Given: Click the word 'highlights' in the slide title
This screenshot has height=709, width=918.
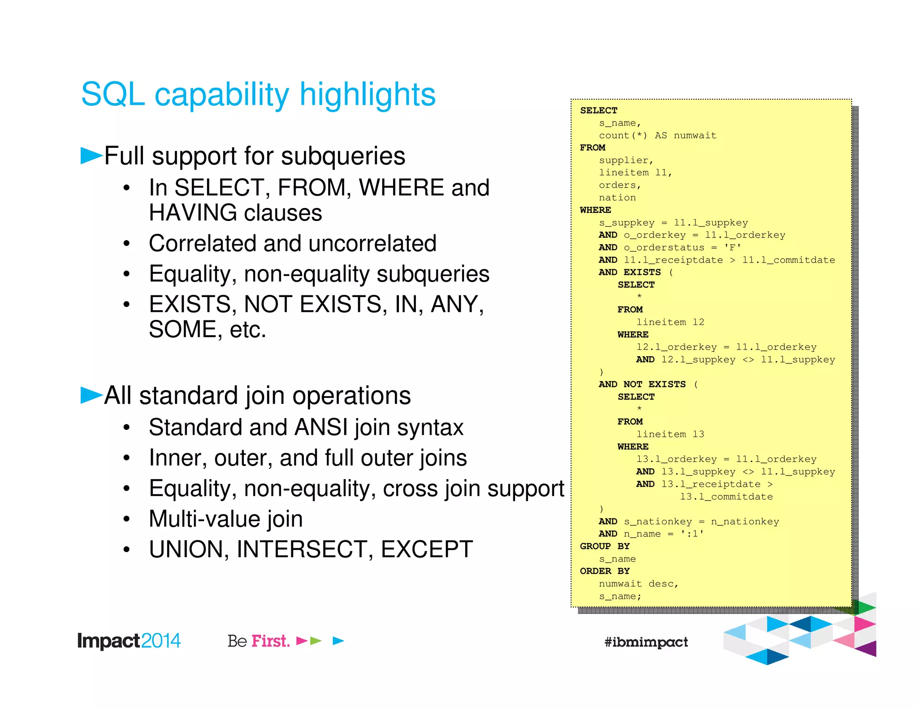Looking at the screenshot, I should (367, 95).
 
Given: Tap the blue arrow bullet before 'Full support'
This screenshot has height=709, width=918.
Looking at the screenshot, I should (91, 156).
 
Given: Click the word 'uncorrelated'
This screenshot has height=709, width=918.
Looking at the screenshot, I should (372, 243).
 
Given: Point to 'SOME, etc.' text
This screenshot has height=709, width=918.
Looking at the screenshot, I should (207, 329).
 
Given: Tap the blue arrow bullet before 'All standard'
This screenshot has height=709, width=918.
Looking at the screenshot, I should (91, 395).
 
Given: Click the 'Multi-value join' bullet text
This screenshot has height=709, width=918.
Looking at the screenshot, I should (225, 519).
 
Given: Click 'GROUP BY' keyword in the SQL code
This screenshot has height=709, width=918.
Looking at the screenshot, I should (604, 546).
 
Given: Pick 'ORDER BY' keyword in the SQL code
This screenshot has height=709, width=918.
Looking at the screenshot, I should (604, 571).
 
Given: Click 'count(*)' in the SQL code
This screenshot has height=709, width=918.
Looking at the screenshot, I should (623, 135).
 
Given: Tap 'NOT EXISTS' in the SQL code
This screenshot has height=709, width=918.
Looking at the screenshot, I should (654, 384).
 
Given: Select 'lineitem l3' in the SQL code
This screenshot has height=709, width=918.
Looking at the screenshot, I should (670, 434).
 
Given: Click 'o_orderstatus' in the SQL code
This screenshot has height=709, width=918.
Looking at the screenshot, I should (663, 247).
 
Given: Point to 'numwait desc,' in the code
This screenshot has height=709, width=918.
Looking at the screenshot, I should (638, 584).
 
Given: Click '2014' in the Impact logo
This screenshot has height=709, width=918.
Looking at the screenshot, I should (161, 640).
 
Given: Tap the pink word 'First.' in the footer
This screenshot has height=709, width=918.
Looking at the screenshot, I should (270, 641).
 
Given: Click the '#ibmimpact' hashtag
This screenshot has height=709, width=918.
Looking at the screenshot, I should (645, 642).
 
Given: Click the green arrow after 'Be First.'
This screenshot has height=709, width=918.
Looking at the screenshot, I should (316, 641).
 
